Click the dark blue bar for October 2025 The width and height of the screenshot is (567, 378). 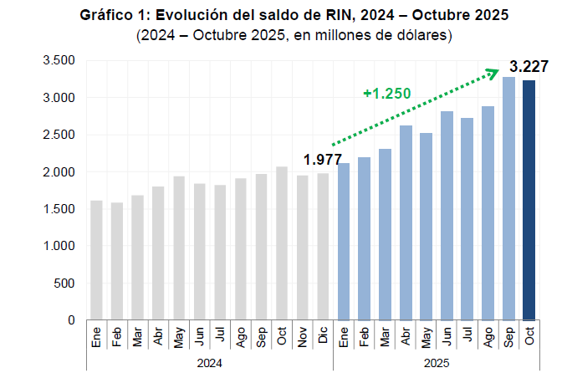click(x=529, y=201)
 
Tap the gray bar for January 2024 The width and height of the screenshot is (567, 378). click(x=96, y=260)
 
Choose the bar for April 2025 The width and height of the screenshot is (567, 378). click(x=405, y=222)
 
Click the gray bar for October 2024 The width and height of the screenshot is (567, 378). click(x=282, y=243)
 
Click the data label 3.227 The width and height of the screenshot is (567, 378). click(x=529, y=66)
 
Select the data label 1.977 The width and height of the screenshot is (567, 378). click(x=323, y=159)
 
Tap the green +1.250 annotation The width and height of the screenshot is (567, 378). click(x=386, y=93)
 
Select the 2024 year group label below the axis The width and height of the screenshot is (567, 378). click(x=210, y=363)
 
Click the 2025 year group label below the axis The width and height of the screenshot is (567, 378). click(x=436, y=363)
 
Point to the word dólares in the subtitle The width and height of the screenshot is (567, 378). click(x=425, y=35)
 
